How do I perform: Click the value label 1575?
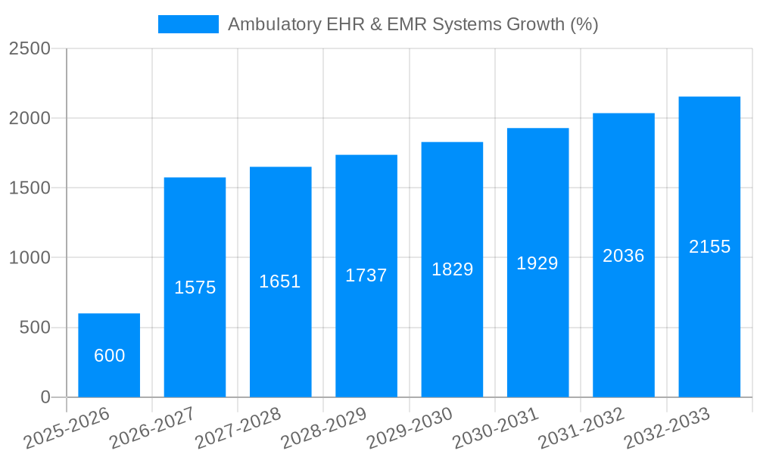(195, 288)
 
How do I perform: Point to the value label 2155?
(709, 247)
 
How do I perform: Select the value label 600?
(109, 356)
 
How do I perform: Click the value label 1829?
(452, 269)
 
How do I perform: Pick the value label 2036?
(624, 256)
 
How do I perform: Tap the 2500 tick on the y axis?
(30, 49)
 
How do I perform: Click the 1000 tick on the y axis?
(30, 258)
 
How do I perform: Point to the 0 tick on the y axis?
(45, 397)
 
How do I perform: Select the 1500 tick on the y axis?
(30, 188)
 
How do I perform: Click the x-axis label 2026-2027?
(152, 428)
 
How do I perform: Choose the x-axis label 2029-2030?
(410, 428)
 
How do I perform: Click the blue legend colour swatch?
(188, 24)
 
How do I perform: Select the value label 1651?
(280, 281)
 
